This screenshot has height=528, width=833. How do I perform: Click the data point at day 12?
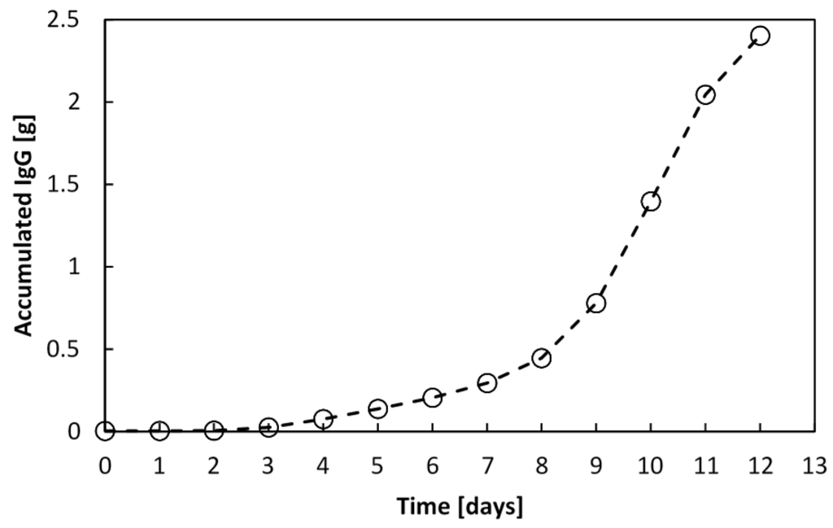(x=760, y=36)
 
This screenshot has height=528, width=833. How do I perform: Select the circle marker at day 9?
(x=596, y=303)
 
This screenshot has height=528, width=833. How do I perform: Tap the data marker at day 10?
(x=650, y=201)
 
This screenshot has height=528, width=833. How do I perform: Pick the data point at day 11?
(x=705, y=94)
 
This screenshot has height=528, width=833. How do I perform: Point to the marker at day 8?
(x=541, y=358)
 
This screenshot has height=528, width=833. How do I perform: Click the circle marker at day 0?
(x=105, y=430)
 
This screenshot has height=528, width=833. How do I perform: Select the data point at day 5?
(x=377, y=408)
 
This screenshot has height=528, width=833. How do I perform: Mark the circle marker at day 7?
(x=486, y=382)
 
